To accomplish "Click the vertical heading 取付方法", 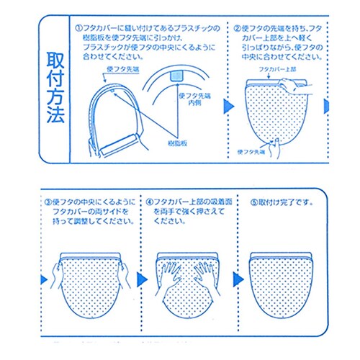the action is point(55,87).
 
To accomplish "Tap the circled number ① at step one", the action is point(78,29).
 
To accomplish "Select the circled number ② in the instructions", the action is point(237,29).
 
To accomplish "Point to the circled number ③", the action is point(48,202).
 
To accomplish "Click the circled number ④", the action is point(149,202).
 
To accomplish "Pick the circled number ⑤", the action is point(254,203).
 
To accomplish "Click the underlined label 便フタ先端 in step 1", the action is point(123,69).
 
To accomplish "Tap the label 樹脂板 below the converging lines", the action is point(177,143).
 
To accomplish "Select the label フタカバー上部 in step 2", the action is point(277,70).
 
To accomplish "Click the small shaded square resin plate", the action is point(177,76).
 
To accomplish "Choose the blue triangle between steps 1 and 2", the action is point(228,107).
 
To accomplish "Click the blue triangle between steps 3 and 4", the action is point(142,279).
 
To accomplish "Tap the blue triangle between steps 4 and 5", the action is point(238,279).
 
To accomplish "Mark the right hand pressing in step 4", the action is point(206,276).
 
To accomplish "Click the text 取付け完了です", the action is point(286,203).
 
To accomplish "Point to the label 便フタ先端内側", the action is point(194,99).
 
